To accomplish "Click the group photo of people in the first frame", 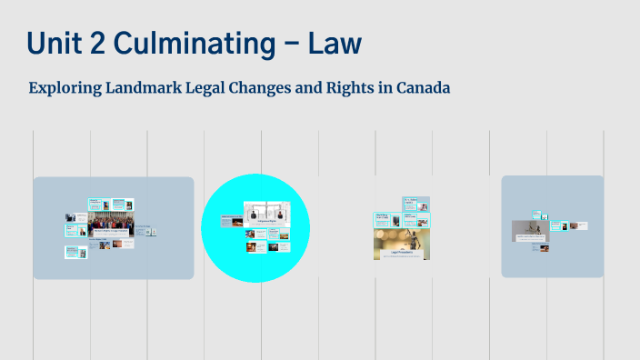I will (111, 222).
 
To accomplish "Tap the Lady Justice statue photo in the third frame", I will (402, 238).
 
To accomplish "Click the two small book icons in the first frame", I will (152, 232).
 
